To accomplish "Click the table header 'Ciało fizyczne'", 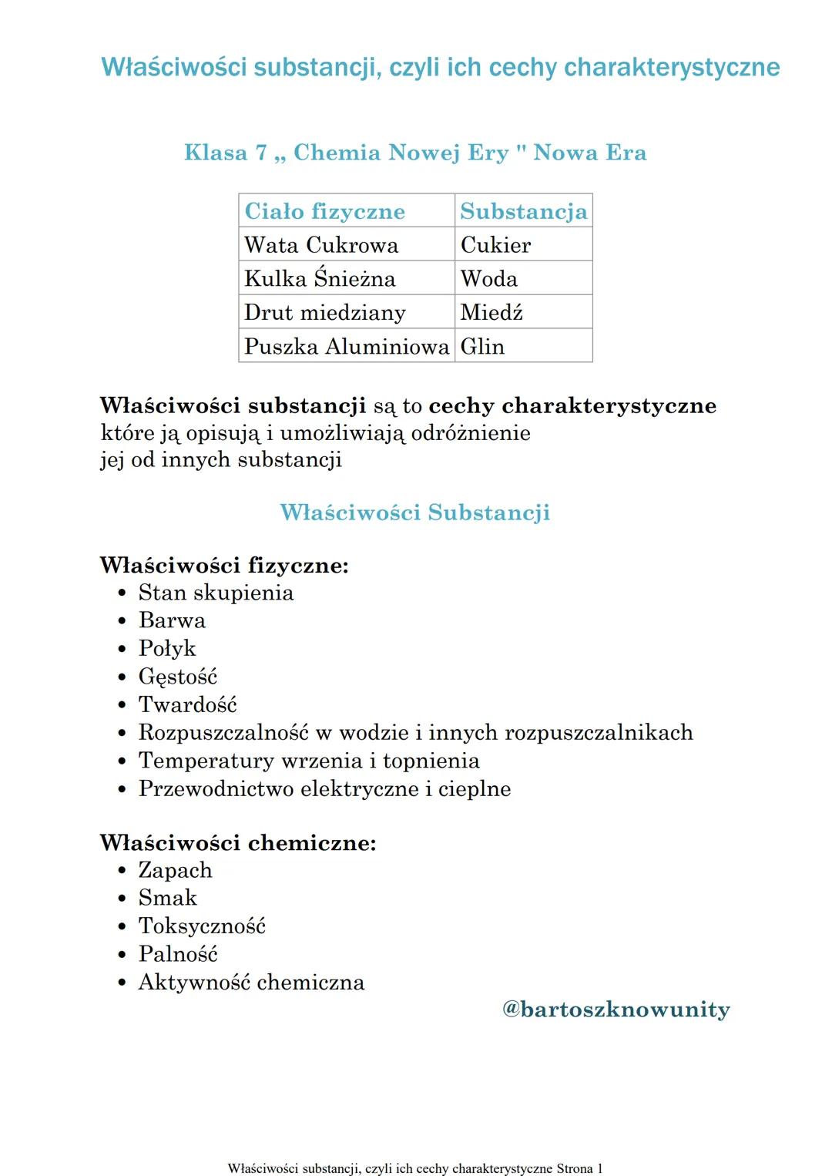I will tap(324, 211).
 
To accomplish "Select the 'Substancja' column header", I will tap(523, 211).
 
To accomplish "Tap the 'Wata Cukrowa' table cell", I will tap(321, 245).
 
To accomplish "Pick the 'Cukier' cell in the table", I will tap(495, 245).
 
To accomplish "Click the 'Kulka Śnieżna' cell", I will tap(320, 278).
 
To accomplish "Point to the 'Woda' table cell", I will tap(488, 279).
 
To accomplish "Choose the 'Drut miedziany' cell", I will tap(324, 312).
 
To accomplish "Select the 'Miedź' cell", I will tap(491, 312).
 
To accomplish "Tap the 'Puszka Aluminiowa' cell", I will tap(347, 346).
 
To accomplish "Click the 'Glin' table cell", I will tap(482, 347).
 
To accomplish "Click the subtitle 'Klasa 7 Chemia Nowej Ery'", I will tap(415, 153).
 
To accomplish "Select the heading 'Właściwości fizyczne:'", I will tap(224, 566).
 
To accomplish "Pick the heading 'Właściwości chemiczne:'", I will tap(238, 842).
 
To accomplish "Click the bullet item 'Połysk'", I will tap(167, 649).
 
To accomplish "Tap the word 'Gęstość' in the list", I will tap(178, 677).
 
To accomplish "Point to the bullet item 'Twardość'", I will tap(188, 704).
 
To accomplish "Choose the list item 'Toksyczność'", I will tap(202, 926).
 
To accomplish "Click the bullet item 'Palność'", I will tap(178, 954).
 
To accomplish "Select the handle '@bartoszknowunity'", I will tap(616, 1010).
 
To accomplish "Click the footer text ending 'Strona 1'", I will tap(415, 1168).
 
